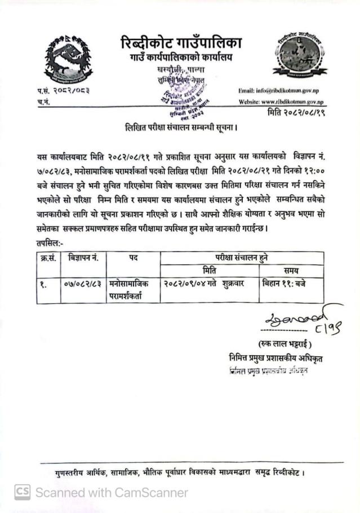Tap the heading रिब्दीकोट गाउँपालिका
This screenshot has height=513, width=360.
click(181, 42)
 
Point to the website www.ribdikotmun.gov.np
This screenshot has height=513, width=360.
click(281, 102)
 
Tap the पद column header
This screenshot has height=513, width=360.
click(133, 258)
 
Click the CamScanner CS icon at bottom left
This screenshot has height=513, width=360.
click(21, 492)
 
